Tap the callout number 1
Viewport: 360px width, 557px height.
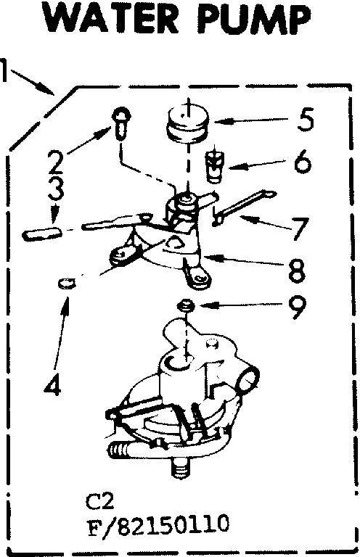[7, 70]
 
